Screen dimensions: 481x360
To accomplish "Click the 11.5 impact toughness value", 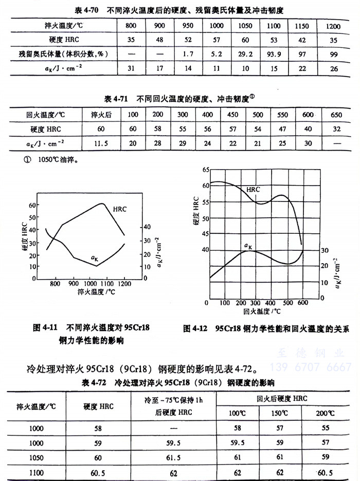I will point(101,143).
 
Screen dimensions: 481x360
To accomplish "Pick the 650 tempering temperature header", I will point(336,115).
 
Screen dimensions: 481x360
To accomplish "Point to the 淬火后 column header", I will point(101,115).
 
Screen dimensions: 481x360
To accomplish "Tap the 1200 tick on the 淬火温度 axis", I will point(124,283).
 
